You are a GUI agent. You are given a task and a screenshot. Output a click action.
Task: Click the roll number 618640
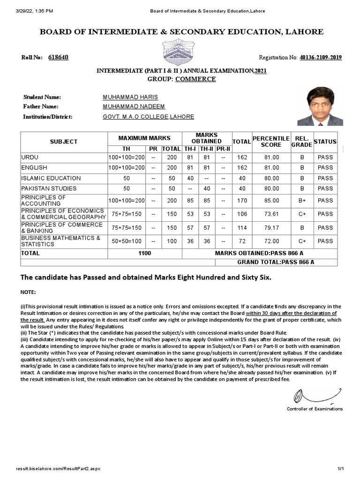58,58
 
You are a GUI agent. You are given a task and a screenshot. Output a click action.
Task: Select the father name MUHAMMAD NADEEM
134,107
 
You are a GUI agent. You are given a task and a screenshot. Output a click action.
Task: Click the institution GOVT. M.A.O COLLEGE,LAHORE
148,117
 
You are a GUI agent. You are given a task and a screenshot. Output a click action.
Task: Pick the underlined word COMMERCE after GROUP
195,79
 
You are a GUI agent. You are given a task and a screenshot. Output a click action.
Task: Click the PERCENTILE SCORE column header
271,141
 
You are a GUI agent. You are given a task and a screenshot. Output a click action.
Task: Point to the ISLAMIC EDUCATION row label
51,178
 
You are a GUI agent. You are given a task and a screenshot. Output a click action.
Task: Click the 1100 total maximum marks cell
144,253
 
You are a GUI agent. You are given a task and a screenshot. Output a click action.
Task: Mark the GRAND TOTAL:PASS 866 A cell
276,262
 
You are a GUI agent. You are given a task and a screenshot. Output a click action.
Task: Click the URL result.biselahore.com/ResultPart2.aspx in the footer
58,469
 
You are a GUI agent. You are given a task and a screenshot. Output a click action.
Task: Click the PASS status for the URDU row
325,157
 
